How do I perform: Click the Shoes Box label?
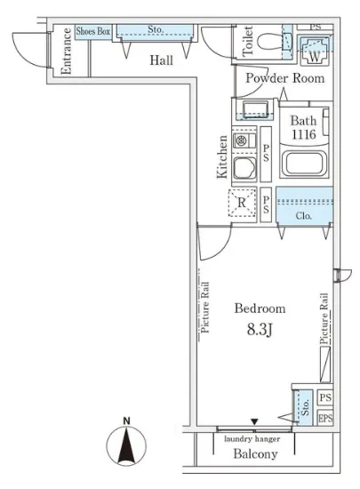(92, 31)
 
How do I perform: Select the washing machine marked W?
(314, 51)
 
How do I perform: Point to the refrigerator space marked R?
(242, 203)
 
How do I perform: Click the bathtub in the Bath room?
(304, 163)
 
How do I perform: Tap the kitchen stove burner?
(241, 140)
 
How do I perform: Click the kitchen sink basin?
(244, 168)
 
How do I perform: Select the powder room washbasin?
(255, 109)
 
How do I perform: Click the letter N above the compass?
(126, 421)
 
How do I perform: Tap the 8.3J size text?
(260, 329)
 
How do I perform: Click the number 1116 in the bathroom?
(304, 134)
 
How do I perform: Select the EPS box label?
(325, 419)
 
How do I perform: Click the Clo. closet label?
(303, 215)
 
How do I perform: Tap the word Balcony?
(255, 454)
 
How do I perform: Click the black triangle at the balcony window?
(254, 421)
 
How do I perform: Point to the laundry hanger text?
(252, 439)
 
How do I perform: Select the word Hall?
(161, 60)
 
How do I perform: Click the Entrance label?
(66, 52)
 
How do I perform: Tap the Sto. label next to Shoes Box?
(156, 29)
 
